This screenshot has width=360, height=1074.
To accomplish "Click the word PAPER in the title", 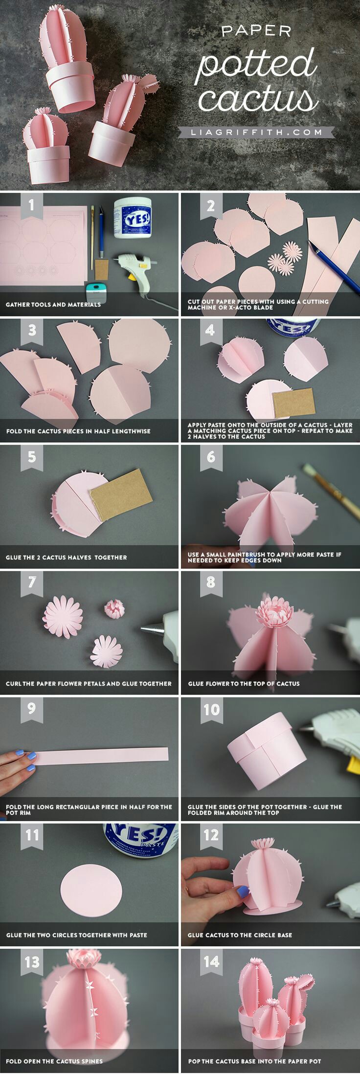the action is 256,32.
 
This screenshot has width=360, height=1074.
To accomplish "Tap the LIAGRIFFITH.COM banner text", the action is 257,132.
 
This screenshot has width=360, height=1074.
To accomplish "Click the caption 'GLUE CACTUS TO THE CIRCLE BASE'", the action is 240,935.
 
